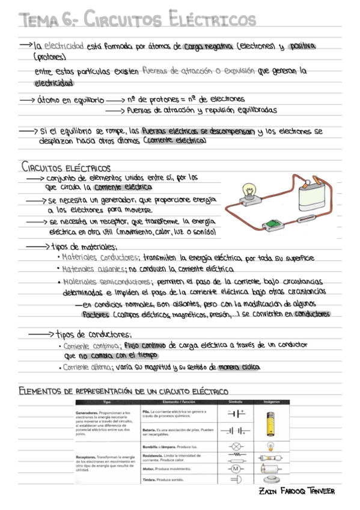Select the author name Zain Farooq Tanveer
(296, 491)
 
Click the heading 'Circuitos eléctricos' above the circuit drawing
(66, 167)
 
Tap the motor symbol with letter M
(236, 468)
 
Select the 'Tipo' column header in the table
(107, 401)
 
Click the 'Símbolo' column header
(236, 401)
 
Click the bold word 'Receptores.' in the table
(89, 458)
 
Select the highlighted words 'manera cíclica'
(239, 366)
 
